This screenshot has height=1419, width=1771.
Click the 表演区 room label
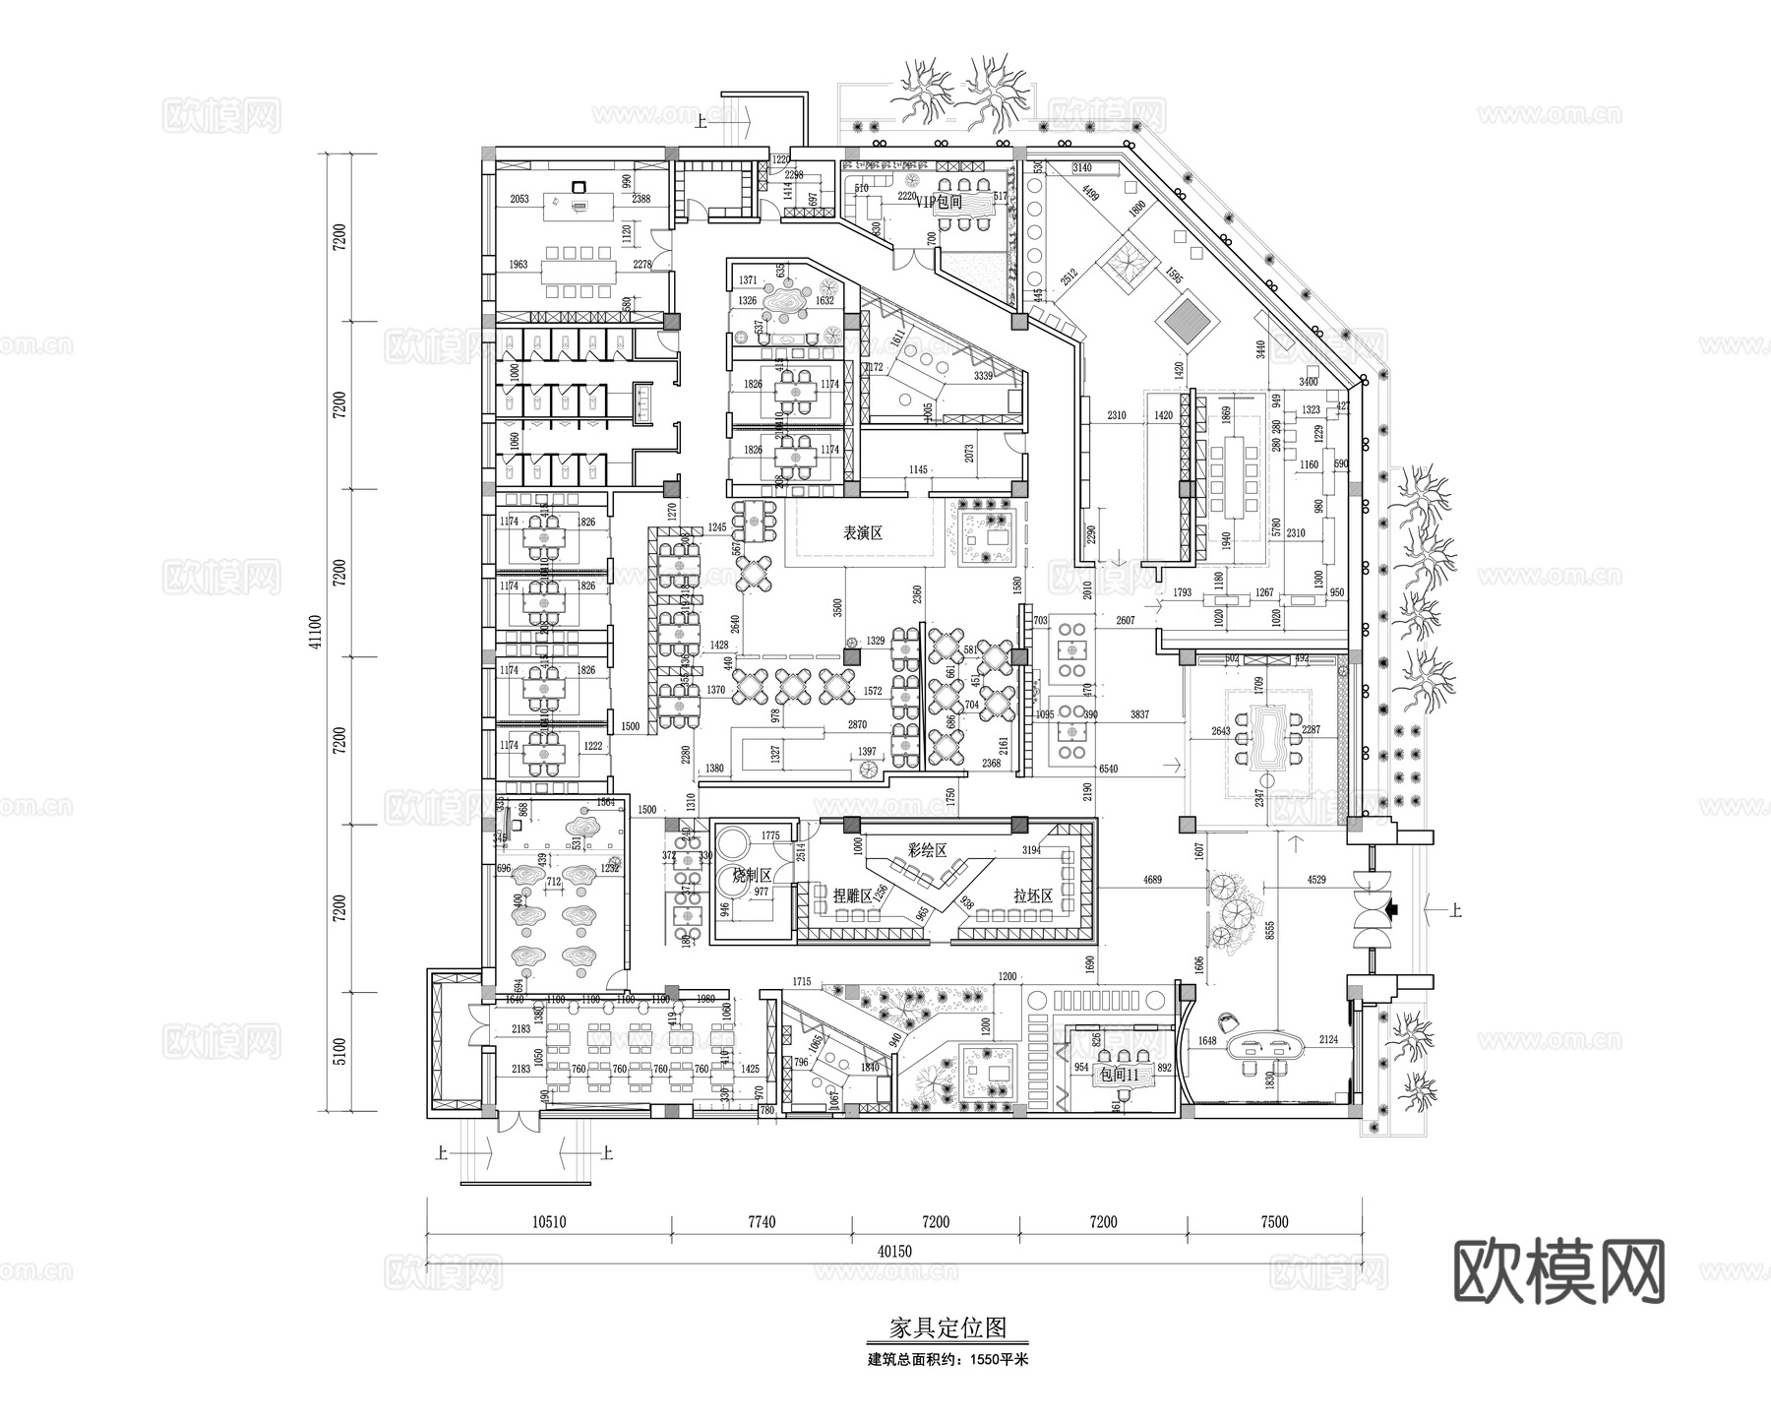(x=862, y=533)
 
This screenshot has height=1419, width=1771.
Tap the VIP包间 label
(x=939, y=202)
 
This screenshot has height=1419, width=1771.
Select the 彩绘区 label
(x=927, y=849)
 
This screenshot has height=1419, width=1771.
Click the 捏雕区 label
(x=852, y=896)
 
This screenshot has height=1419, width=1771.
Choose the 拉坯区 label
(x=1033, y=896)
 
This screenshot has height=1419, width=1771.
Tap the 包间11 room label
(x=1118, y=1075)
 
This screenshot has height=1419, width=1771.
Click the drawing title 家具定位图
(x=948, y=1327)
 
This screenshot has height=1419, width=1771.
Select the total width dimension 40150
(x=895, y=1252)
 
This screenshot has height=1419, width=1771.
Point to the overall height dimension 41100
(x=315, y=634)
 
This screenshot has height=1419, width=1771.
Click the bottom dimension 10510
(x=549, y=1222)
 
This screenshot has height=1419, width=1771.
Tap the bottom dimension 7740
(x=762, y=1222)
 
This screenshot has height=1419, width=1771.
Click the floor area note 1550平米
(x=993, y=1360)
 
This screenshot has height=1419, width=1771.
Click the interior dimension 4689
(x=1153, y=880)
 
